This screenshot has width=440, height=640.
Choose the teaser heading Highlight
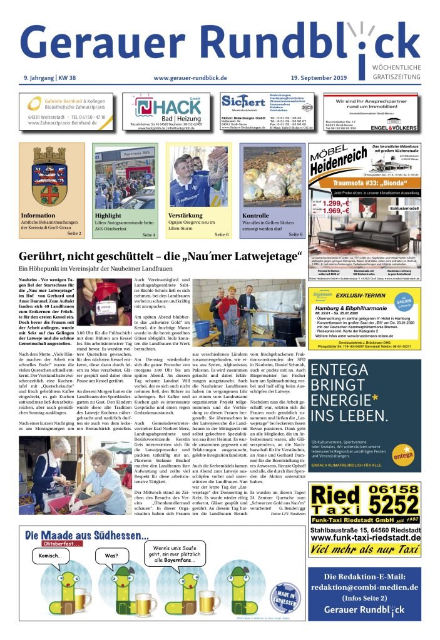tap(108, 216)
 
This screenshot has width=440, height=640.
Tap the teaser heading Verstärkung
tap(186, 216)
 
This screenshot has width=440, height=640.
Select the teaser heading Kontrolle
tap(255, 216)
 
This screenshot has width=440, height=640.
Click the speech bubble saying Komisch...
tap(49, 556)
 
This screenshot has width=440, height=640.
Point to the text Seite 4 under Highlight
tap(149, 234)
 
